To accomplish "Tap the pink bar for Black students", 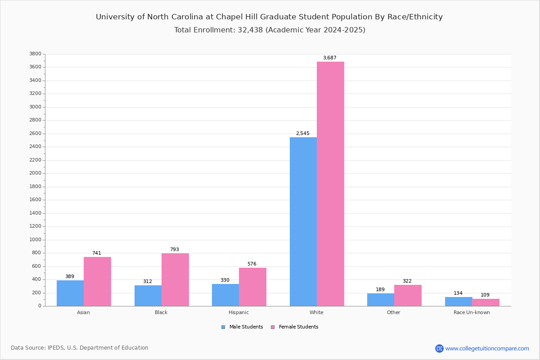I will [x=175, y=279].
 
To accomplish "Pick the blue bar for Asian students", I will [x=70, y=293].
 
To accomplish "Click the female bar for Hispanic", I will [x=252, y=287].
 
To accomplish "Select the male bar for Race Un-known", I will [x=459, y=301].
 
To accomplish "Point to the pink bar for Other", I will [x=408, y=295].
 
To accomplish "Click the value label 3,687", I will [x=329, y=58].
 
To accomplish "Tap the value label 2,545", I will [x=302, y=133].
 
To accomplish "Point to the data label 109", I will [x=485, y=295].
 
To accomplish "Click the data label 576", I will [x=252, y=264].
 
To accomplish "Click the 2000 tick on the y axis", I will [x=35, y=173].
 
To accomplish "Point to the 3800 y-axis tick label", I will [x=35, y=54].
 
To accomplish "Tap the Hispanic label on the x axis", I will [x=238, y=312].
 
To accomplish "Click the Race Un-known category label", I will [x=472, y=312].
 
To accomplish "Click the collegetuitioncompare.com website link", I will [x=487, y=348].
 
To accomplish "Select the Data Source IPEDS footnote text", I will [x=80, y=348].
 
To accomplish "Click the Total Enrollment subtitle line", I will [x=270, y=30].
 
